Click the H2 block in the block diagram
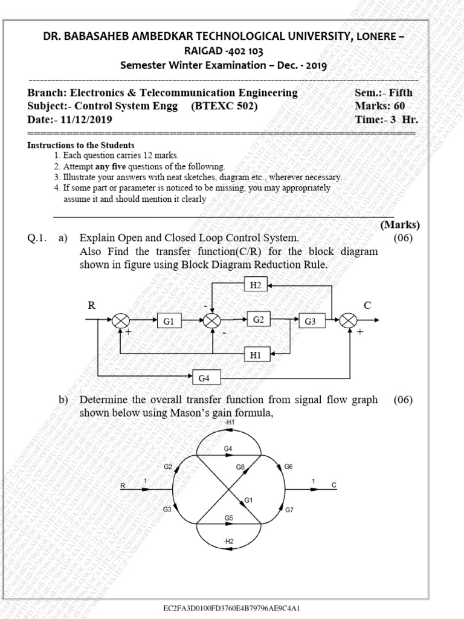[256, 285]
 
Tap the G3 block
[310, 322]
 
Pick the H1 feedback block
[256, 355]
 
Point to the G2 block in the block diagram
[259, 319]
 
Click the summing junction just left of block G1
[121, 322]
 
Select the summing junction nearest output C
[349, 322]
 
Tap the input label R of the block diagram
[92, 305]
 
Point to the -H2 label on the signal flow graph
[228, 541]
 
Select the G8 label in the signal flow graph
[240, 467]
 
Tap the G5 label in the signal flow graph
[228, 518]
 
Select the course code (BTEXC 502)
[224, 106]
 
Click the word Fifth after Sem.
[401, 93]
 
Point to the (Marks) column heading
[399, 225]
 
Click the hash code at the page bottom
[232, 608]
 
